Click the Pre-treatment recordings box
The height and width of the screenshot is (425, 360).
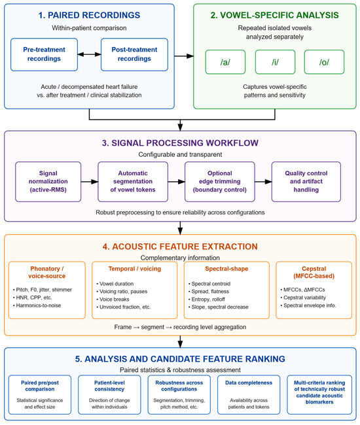pos(44,54)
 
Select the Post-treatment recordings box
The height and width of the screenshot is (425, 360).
pos(134,54)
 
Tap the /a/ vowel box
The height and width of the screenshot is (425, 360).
pos(225,62)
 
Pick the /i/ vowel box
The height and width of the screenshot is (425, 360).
pos(275,62)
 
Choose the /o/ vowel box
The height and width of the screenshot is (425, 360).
pos(324,62)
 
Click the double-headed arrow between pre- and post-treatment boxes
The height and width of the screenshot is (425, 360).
pos(89,54)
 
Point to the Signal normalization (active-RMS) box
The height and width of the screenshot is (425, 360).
pos(48,182)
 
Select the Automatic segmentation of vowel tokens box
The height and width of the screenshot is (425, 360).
pos(133,182)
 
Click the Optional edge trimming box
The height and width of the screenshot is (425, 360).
pos(220,182)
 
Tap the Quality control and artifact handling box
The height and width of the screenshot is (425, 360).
pos(306,182)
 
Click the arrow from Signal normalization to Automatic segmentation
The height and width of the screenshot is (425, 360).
pos(90,182)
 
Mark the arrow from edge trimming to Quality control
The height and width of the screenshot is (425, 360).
pos(263,182)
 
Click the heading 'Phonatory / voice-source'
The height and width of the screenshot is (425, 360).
pos(47,273)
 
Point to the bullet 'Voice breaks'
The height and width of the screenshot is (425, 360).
pos(114,299)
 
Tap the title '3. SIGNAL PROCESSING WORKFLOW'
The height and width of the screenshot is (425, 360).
pos(180,143)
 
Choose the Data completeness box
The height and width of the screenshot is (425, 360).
pos(249,395)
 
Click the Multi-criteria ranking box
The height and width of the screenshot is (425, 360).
pos(319,395)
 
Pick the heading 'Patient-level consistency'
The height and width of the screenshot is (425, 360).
pos(109,386)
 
